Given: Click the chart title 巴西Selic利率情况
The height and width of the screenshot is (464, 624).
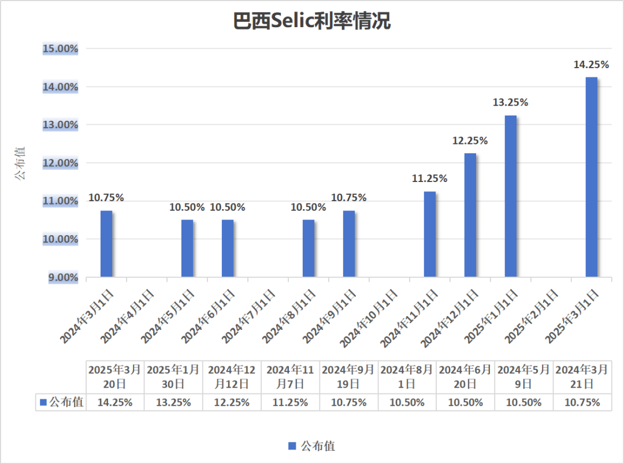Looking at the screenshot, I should coord(312,21).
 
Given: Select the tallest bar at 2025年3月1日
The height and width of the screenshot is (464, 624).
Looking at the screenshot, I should coord(591,177).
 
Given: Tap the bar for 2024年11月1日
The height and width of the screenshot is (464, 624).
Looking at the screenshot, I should coord(430,234).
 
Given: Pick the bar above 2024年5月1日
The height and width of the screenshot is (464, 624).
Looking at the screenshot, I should coord(187,248).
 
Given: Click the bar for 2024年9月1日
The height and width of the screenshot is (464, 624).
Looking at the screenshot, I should coord(349,244).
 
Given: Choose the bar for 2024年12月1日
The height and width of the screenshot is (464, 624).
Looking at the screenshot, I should coord(470,215).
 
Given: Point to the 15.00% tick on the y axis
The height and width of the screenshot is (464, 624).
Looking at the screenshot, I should coord(61,49).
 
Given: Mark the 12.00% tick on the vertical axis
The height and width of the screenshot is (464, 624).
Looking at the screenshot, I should coord(61,163).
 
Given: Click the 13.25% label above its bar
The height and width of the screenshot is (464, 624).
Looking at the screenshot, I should coord(510,103).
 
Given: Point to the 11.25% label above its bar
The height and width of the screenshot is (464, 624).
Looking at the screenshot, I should coord(429,179).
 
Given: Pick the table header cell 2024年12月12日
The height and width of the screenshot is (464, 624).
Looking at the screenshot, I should coord(232,377).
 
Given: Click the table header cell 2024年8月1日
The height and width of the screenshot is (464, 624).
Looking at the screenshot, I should coord(407,377).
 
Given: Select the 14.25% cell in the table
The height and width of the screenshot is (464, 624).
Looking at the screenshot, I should coord(115,403).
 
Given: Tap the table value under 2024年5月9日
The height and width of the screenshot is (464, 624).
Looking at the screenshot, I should coord(523,403).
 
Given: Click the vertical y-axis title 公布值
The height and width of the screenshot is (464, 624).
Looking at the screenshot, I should coord(20,163).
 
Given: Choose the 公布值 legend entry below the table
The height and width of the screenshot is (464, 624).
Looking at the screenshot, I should coord(312,446).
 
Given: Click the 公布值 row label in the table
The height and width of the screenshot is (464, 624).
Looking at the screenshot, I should coord(61,403).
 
